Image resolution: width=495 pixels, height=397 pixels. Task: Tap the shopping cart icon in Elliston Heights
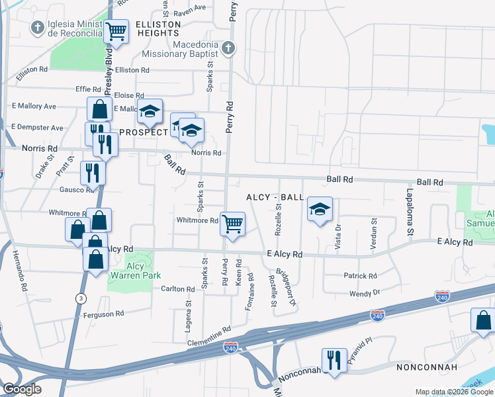[x=116, y=31]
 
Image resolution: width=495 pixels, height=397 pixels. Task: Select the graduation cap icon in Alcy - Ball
[x=320, y=210]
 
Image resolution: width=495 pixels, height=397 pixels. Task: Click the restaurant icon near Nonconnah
[x=334, y=360]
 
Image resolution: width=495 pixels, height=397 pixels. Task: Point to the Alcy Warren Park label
[x=135, y=271]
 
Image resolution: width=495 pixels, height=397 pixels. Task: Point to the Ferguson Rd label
[x=104, y=314]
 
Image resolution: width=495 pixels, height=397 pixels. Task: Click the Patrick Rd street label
[x=359, y=276]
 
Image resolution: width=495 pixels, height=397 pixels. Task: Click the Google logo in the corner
[x=22, y=389]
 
